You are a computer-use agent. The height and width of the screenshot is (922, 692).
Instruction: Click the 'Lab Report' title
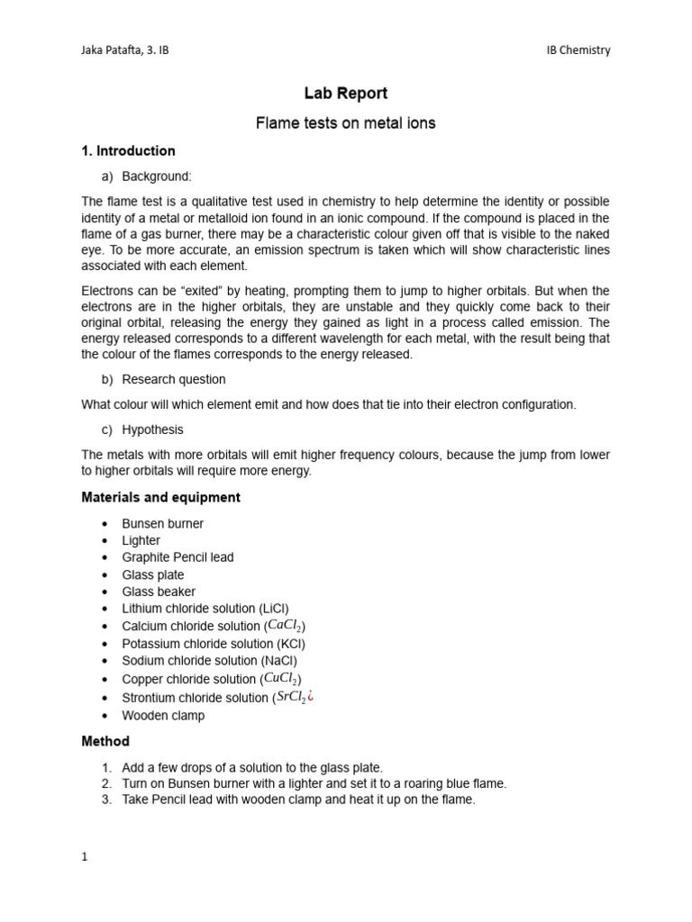[346, 93]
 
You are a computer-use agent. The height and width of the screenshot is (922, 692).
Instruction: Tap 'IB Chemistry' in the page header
[578, 50]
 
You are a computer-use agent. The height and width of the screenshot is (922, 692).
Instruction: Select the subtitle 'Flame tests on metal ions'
[346, 123]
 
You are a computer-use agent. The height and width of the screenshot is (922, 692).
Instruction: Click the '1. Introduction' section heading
[128, 151]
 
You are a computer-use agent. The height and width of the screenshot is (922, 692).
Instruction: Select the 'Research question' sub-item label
[174, 379]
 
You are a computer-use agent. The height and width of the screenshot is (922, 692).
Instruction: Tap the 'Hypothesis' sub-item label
[152, 429]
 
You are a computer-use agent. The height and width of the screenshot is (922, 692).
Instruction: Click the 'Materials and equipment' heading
[160, 497]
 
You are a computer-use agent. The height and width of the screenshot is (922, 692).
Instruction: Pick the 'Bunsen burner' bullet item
[163, 523]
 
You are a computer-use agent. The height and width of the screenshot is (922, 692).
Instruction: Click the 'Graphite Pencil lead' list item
[178, 557]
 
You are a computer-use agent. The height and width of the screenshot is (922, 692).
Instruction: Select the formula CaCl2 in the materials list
[286, 626]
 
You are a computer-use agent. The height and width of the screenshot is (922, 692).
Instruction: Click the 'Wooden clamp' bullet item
[163, 716]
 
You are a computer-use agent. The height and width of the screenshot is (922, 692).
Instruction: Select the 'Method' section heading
[105, 742]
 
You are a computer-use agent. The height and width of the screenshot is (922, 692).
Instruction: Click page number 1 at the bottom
[85, 857]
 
